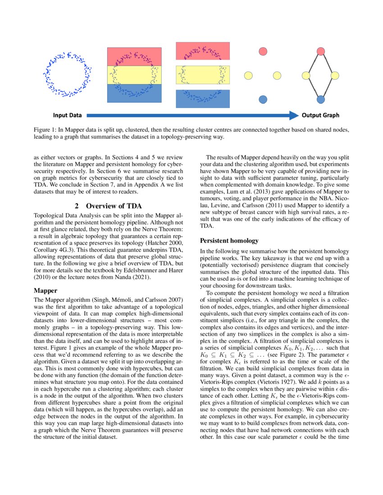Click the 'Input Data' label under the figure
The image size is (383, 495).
(x=67, y=115)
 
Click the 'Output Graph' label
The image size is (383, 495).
(x=320, y=115)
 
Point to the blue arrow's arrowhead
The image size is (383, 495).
(x=295, y=115)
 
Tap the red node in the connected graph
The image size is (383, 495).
(x=321, y=51)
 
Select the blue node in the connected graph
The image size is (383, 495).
(x=321, y=99)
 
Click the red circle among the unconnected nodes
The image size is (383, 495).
(x=263, y=51)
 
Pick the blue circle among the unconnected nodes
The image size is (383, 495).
(x=263, y=99)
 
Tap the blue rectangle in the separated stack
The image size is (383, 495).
(x=203, y=99)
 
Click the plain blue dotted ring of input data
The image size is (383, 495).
(x=67, y=75)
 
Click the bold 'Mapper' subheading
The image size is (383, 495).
(x=46, y=290)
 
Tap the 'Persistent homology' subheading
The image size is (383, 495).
(x=229, y=241)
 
